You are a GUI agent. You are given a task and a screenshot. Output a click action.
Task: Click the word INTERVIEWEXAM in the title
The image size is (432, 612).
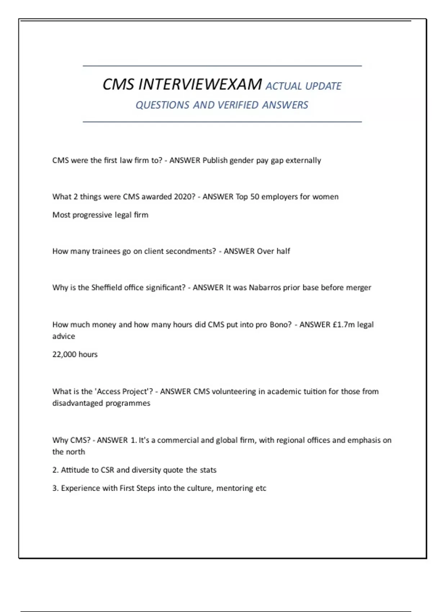(x=200, y=85)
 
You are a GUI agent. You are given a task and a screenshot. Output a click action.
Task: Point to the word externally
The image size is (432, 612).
(x=303, y=161)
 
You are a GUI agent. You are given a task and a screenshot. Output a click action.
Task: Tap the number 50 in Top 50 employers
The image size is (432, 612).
(x=255, y=197)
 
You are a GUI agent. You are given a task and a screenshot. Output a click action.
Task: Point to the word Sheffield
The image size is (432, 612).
(x=107, y=288)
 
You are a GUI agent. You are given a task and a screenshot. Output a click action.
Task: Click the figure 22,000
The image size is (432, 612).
(x=64, y=355)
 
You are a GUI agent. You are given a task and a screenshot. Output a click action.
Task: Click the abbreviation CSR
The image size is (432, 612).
(x=107, y=470)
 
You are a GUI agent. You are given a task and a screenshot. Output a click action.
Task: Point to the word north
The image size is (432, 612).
(x=76, y=452)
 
